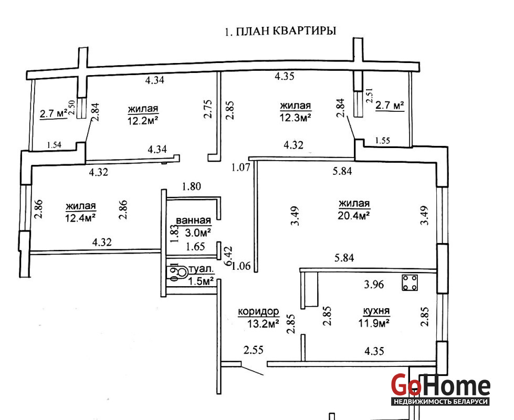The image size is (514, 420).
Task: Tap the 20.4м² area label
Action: [354, 215]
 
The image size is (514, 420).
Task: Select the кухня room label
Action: [376, 310]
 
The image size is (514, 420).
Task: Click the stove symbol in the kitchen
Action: [410, 282]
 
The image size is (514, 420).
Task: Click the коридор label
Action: [259, 311]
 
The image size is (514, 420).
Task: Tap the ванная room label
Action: [193, 220]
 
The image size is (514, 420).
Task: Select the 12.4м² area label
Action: [80, 217]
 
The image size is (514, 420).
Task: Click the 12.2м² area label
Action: [143, 120]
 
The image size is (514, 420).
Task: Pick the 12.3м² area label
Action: [296, 118]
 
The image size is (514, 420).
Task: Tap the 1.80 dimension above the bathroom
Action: [192, 186]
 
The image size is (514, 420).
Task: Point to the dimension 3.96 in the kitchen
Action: [374, 284]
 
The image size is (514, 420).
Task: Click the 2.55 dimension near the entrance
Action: [254, 350]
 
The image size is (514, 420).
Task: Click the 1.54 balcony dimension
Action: [54, 145]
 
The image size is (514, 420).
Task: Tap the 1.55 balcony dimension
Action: [383, 141]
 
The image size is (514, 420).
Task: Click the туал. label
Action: [202, 270]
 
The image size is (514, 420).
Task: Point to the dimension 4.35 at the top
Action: [285, 76]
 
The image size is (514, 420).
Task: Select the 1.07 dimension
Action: [240, 167]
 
